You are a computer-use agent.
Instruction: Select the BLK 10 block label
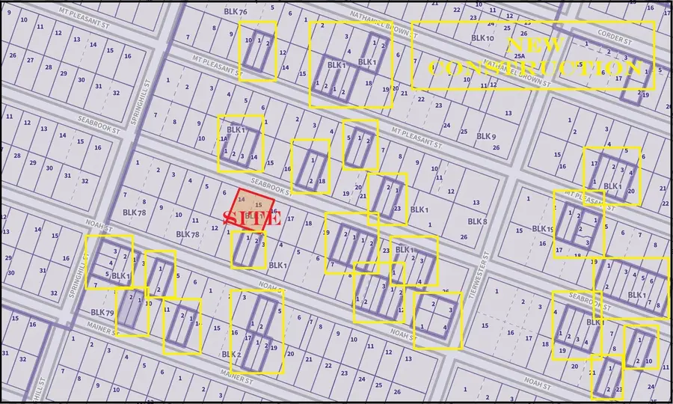(x=484, y=38)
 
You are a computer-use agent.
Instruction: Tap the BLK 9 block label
(x=486, y=136)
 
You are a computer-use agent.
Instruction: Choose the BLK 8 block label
(x=477, y=221)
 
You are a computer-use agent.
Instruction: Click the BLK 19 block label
(x=543, y=229)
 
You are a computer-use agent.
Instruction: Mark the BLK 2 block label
(x=231, y=354)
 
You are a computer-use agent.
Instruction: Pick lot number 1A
(x=223, y=139)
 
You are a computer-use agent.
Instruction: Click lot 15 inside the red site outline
(x=259, y=205)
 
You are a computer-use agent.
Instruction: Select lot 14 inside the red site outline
(x=241, y=200)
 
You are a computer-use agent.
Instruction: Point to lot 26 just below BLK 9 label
(x=496, y=147)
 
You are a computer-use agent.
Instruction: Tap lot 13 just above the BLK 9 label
(x=508, y=113)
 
